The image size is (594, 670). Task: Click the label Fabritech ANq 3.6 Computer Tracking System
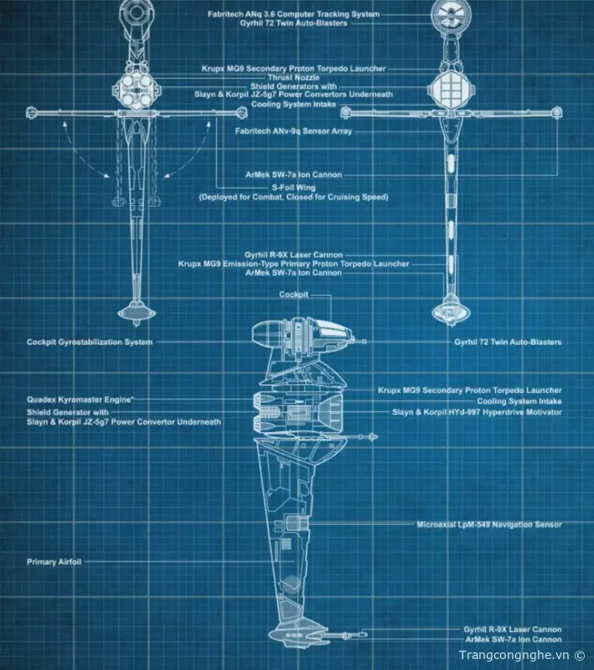point(293,14)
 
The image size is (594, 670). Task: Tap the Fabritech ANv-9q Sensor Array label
point(294,131)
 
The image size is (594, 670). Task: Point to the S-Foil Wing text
point(293,188)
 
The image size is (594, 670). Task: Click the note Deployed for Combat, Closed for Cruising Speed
point(293,198)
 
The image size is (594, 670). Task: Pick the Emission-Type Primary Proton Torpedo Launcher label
point(293,264)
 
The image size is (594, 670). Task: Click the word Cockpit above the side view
point(294,295)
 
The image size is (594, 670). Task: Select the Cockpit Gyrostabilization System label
point(90,342)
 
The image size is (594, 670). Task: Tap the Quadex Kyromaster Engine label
point(80,399)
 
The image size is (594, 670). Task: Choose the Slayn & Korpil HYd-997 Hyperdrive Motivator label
point(477,412)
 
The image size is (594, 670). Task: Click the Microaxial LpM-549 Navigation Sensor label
point(489,524)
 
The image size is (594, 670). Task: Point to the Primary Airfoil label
point(54,562)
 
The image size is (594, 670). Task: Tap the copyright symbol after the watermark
point(580,655)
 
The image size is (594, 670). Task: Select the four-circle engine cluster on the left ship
point(134,87)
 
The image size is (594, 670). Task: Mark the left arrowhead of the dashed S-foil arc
point(106,174)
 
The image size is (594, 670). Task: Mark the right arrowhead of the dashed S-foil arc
point(163,174)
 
